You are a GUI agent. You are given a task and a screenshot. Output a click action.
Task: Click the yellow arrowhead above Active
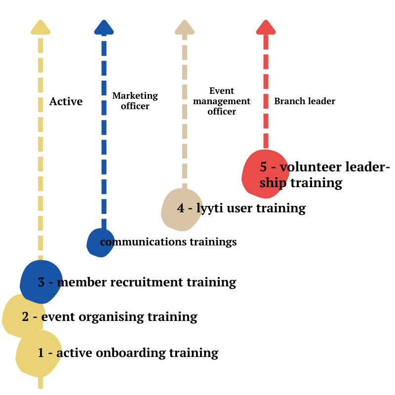(x=40, y=28)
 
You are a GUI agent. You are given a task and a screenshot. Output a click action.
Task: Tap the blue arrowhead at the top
(x=104, y=28)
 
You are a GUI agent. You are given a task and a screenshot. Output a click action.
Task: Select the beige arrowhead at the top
(x=185, y=28)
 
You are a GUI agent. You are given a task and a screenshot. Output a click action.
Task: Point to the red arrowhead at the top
(x=266, y=28)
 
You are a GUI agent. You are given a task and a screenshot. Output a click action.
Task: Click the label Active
(x=66, y=102)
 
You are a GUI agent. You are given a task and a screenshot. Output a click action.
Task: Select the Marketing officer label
(x=135, y=101)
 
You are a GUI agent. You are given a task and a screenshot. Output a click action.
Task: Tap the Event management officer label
(x=222, y=101)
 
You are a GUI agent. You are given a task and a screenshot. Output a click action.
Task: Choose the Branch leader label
(x=305, y=101)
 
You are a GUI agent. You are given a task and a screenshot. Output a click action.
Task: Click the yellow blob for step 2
(x=15, y=316)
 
